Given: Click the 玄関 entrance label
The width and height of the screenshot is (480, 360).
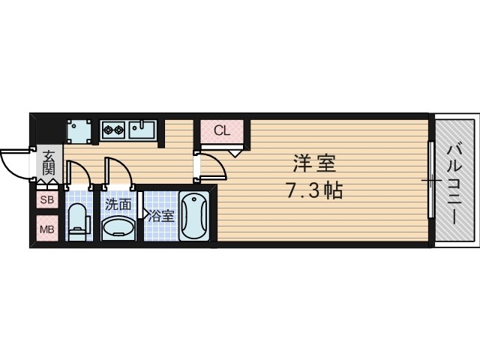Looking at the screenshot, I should pos(49,163).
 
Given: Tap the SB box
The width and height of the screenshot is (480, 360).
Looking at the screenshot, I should pos(47,200).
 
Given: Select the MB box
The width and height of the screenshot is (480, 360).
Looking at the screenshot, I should pos(47,228).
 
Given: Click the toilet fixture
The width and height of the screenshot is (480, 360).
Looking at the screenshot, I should pos(78,221).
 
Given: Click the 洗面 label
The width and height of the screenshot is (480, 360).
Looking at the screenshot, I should pos(118,203).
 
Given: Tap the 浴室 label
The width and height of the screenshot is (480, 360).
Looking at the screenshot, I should pos(160,217).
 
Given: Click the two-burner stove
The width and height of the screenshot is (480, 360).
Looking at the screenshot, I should pos(113,130).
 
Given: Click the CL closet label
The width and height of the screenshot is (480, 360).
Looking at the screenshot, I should pos(221,130).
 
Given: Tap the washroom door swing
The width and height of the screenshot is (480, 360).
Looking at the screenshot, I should pos(120,172).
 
